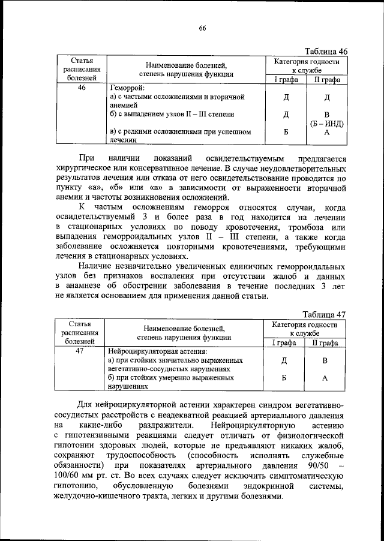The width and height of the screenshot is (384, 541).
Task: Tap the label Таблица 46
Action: (x=325, y=52)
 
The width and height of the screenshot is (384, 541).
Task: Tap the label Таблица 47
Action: (x=325, y=315)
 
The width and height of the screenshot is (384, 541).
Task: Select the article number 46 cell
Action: (x=82, y=88)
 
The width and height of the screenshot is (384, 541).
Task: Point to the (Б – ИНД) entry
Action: (x=326, y=124)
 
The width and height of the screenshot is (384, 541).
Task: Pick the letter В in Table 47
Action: (x=325, y=360)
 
